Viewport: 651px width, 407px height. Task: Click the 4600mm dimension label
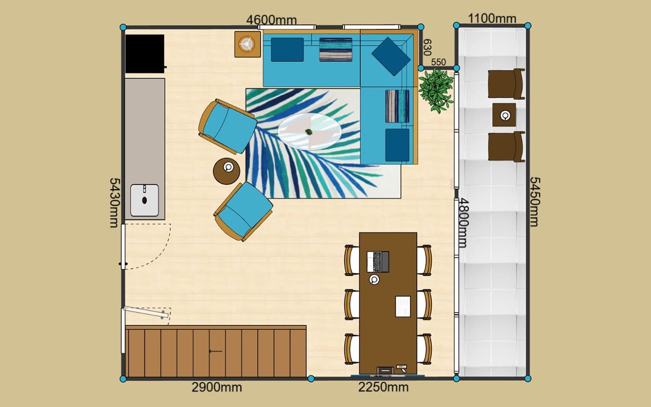tap(272, 20)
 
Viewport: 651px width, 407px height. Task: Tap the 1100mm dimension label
tap(492, 19)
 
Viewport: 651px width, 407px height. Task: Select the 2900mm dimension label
tap(217, 387)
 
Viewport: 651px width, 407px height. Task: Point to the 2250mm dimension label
tap(383, 387)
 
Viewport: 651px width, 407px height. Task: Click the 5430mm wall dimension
tap(114, 203)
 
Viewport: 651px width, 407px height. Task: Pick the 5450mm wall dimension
tap(534, 202)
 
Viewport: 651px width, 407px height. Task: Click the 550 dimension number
tap(438, 62)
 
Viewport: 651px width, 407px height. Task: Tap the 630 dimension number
tap(427, 47)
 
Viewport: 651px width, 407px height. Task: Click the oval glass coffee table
tap(310, 131)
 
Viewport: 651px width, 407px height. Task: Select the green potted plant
tap(436, 90)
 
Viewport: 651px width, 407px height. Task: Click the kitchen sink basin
tap(145, 200)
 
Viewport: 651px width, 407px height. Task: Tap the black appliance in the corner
tap(145, 54)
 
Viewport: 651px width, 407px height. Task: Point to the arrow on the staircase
tap(216, 351)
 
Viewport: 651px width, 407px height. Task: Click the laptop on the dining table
tap(378, 261)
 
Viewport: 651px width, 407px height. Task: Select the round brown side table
tap(226, 171)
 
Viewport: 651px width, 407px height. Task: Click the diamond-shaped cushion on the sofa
tap(391, 57)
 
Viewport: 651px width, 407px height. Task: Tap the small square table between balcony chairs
tap(504, 115)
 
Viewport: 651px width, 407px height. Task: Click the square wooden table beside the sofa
tap(247, 44)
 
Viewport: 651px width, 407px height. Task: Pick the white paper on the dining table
tap(403, 307)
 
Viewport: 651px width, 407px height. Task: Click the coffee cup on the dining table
tap(374, 280)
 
